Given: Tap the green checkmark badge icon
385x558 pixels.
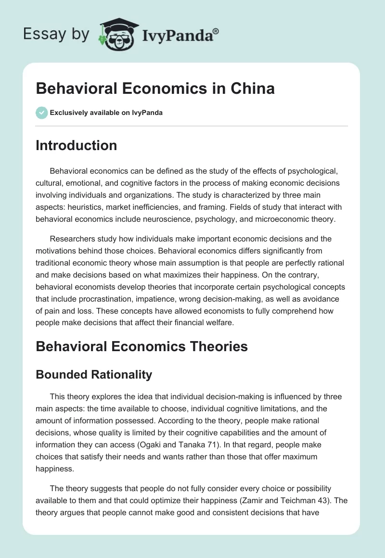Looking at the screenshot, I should click(41, 113).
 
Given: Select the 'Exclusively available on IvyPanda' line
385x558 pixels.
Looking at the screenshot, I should click(106, 113).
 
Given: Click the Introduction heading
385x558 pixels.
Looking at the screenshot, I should click(76, 145).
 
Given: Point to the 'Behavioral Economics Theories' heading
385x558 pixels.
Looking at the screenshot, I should click(141, 346).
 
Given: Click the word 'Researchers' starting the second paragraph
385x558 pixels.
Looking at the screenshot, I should click(73, 239).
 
